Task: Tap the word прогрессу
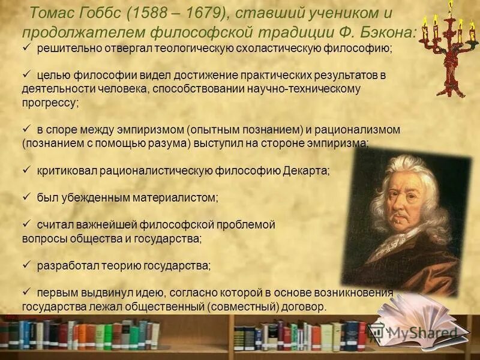[50, 103]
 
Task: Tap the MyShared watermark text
[423, 332]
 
